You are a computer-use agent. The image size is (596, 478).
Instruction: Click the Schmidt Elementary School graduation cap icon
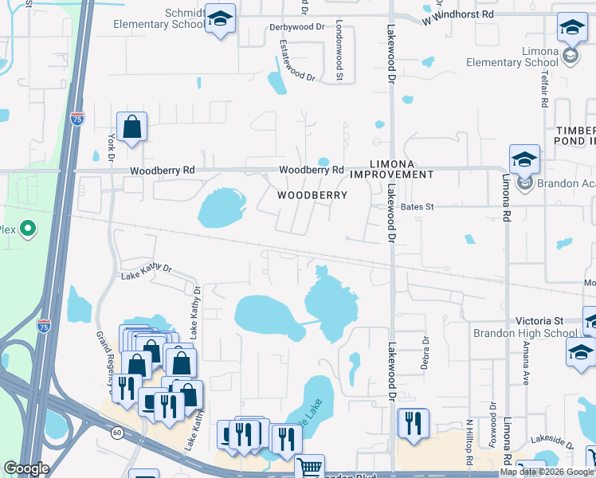tap(219, 18)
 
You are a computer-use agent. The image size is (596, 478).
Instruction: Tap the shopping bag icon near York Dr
tap(131, 127)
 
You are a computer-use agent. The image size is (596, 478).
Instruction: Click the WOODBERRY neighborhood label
tap(312, 195)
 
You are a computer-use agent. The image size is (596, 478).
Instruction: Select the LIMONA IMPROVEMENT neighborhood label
tap(392, 168)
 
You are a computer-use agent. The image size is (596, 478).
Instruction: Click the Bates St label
tap(417, 206)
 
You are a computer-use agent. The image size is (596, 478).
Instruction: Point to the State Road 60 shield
tap(117, 433)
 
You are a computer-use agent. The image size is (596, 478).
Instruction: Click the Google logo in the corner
tap(26, 468)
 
